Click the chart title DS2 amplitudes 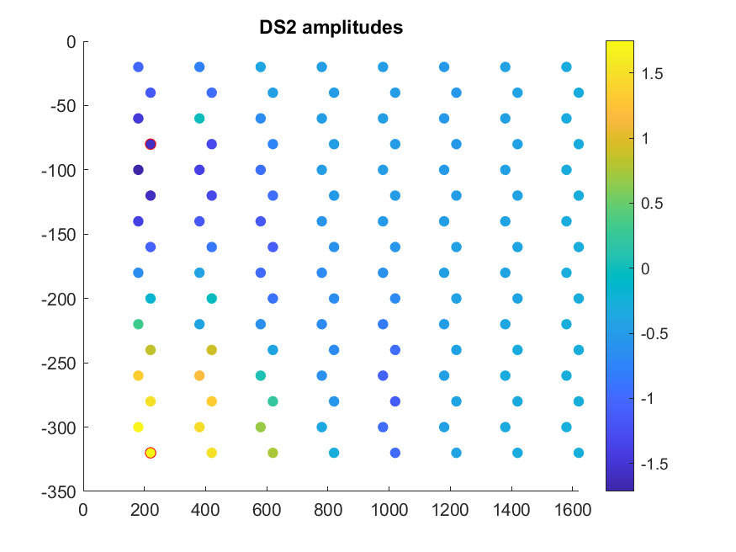pyautogui.click(x=331, y=28)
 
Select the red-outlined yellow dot pyautogui.click(x=151, y=453)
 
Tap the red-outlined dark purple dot pyautogui.click(x=151, y=144)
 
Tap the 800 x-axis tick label pyautogui.click(x=327, y=509)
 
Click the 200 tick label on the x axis pyautogui.click(x=144, y=509)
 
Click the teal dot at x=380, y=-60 pyautogui.click(x=199, y=119)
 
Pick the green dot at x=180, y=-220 pyautogui.click(x=138, y=324)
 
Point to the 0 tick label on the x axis pyautogui.click(x=82, y=509)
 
